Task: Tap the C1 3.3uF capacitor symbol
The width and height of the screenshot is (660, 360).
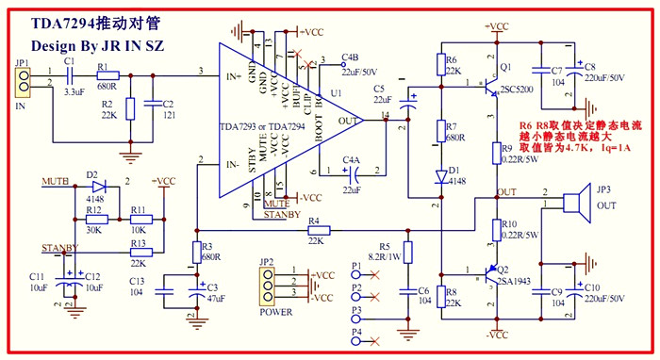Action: [69, 74]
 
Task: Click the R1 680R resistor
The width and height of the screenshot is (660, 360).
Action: [107, 74]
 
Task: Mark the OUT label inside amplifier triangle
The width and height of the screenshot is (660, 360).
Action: [348, 121]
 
